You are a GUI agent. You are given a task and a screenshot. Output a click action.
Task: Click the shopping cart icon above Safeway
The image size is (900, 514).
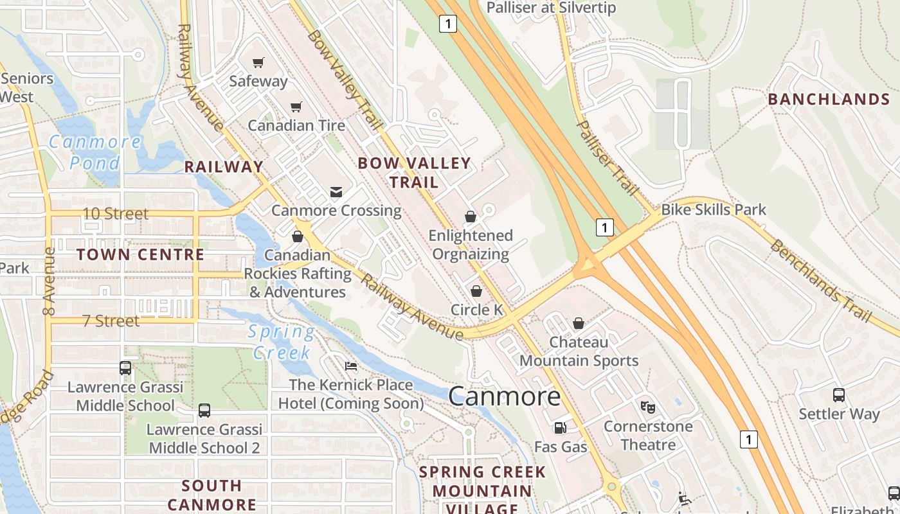click(258, 62)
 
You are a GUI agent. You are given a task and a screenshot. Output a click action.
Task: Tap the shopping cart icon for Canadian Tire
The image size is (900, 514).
click(296, 107)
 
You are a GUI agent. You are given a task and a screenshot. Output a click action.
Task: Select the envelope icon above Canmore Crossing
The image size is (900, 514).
click(336, 191)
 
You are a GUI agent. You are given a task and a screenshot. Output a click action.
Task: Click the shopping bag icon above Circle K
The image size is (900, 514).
click(476, 291)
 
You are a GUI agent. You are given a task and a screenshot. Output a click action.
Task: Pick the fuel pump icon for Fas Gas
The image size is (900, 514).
click(560, 427)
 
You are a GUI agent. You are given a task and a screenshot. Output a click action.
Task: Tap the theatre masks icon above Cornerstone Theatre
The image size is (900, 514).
click(647, 407)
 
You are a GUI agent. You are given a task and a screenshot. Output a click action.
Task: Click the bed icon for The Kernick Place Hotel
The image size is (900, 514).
click(351, 366)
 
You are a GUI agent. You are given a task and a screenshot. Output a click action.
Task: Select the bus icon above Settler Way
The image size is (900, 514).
click(839, 395)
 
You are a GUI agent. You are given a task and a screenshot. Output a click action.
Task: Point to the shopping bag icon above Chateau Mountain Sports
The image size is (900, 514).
click(579, 323)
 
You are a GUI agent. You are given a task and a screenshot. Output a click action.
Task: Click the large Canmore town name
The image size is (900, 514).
click(505, 396)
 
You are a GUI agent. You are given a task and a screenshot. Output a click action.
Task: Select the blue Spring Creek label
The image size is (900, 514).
click(282, 342)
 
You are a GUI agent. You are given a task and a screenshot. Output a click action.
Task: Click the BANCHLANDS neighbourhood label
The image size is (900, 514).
click(829, 99)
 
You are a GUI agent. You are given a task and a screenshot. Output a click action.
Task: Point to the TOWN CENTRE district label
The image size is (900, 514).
click(140, 254)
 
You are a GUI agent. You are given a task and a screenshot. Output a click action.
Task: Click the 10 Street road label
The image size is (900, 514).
click(116, 213)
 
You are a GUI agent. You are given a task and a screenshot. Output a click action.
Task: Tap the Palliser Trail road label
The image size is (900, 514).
click(608, 157)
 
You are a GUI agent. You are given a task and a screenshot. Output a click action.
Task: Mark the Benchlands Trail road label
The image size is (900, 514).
click(822, 281)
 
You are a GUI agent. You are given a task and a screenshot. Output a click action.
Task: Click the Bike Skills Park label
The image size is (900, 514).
click(714, 209)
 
